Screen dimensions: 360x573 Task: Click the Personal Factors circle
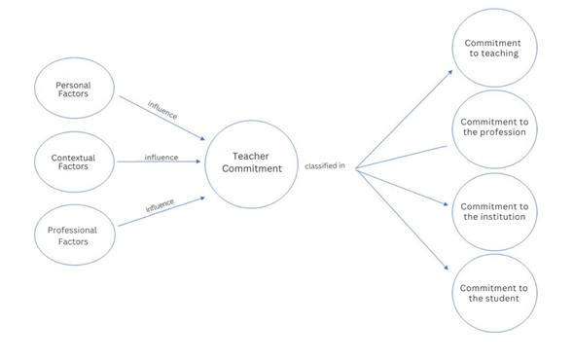coord(73,91)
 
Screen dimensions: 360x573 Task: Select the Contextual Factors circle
coord(73,161)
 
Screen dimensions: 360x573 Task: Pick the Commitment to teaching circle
coord(492,49)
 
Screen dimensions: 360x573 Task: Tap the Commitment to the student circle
coord(493,293)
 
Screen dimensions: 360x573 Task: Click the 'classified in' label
coord(325,166)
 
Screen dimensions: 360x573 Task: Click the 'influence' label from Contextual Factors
coord(161,157)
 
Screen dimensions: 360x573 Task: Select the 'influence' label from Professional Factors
coord(160,206)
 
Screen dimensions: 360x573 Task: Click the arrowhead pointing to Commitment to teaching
coord(449,71)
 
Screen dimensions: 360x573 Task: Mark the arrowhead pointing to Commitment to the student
coord(447,270)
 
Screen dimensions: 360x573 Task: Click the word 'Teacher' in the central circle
coord(250,156)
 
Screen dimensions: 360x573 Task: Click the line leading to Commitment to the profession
coord(399,157)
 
